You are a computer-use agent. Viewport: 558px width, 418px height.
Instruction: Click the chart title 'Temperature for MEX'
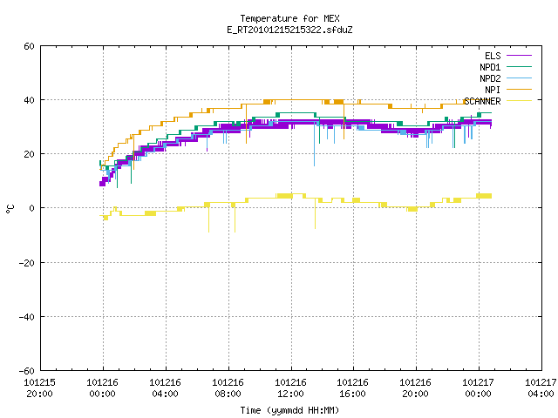coord(289,18)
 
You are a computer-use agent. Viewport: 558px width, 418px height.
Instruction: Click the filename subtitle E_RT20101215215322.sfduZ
coord(289,30)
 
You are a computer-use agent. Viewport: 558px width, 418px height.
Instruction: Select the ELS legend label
coord(493,56)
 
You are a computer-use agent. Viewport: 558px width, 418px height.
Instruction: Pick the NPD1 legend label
coord(490,67)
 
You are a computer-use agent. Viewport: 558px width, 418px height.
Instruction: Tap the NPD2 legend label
coord(490,78)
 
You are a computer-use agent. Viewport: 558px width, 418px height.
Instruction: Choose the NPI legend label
coord(493,90)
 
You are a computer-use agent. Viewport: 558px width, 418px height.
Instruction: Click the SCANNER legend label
coord(482,101)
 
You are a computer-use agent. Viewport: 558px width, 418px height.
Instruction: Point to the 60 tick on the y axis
coord(29,46)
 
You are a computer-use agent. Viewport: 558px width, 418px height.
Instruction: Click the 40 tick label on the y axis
coord(29,100)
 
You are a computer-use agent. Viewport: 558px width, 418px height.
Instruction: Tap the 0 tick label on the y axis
coord(32,208)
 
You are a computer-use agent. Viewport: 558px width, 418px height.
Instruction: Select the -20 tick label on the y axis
coord(27,263)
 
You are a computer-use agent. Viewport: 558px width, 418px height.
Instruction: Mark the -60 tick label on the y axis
coord(27,371)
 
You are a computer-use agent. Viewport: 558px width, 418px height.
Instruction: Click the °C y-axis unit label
coord(10,209)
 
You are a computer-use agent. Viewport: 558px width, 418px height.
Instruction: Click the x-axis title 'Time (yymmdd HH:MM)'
coord(289,410)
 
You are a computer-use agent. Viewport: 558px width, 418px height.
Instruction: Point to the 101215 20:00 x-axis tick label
coord(39,388)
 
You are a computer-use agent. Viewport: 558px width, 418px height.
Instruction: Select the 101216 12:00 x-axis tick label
coord(290,388)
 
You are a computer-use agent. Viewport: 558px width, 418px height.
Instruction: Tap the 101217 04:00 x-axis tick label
coord(541,388)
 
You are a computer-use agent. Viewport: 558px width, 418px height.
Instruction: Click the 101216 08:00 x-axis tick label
coord(228,388)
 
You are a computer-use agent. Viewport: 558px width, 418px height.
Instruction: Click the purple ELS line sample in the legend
coord(519,56)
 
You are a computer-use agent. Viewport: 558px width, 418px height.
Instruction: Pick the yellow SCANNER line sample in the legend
coord(519,101)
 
